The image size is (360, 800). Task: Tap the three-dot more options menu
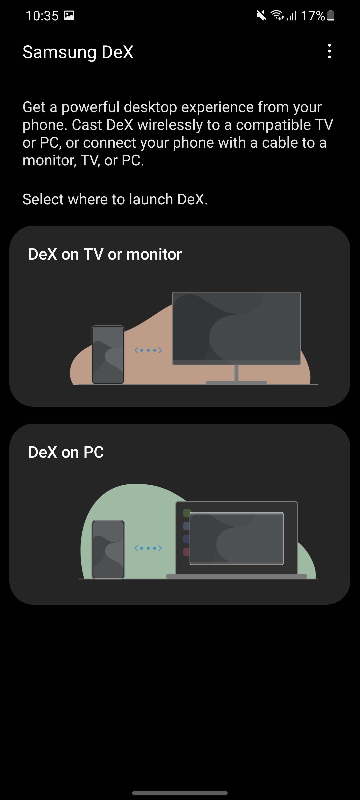(329, 51)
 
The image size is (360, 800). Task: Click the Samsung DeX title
(78, 52)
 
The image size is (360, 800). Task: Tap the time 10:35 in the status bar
(42, 16)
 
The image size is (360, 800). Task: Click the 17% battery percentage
(313, 16)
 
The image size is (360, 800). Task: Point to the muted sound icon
(261, 15)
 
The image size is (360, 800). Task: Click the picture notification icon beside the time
(69, 15)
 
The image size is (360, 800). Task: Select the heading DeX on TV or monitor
(105, 254)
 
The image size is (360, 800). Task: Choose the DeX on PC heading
(66, 452)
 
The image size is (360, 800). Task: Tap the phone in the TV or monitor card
(108, 355)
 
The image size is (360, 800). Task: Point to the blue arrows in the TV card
(148, 350)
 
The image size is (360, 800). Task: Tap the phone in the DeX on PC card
(108, 549)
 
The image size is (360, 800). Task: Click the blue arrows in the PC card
(148, 548)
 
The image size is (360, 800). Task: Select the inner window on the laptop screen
(237, 538)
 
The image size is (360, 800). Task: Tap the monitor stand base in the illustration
(236, 382)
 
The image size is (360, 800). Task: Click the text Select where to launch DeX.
(115, 199)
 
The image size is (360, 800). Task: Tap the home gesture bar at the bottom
(180, 793)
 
